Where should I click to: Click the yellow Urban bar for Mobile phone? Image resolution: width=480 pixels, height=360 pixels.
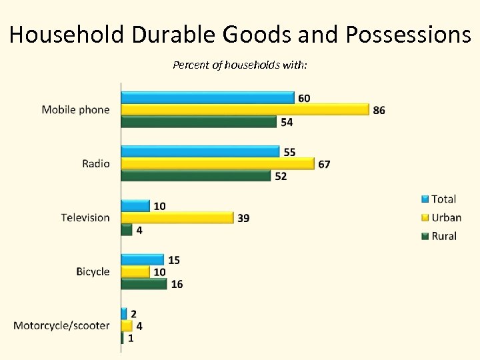click(x=245, y=109)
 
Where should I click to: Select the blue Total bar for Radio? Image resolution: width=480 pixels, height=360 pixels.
click(x=200, y=151)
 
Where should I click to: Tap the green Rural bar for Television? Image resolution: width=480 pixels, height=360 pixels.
click(x=127, y=230)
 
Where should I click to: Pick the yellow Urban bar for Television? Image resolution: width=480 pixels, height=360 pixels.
click(x=177, y=218)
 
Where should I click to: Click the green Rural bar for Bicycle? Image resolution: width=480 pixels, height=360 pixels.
click(x=144, y=284)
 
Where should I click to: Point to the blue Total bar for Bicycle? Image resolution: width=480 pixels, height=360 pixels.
click(x=143, y=259)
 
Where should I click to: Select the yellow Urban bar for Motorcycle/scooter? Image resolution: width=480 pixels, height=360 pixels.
click(x=127, y=326)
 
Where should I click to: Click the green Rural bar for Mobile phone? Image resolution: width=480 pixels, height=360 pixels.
click(x=199, y=121)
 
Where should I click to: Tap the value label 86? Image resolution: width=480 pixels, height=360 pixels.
click(x=379, y=110)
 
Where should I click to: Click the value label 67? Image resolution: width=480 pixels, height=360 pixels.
click(x=324, y=164)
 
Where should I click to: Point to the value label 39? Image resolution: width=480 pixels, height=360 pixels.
click(x=243, y=218)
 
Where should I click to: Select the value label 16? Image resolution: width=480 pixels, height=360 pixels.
click(x=177, y=285)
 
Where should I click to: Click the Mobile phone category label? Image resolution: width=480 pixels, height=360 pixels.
click(x=75, y=109)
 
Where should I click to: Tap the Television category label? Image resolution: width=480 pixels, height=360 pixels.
click(x=85, y=217)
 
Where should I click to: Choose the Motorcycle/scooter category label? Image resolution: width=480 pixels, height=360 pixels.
click(x=61, y=325)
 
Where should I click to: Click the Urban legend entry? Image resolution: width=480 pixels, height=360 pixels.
click(x=446, y=217)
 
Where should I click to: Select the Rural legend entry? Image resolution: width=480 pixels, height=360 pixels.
click(x=444, y=236)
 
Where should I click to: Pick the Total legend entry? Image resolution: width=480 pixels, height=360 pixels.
click(x=443, y=199)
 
